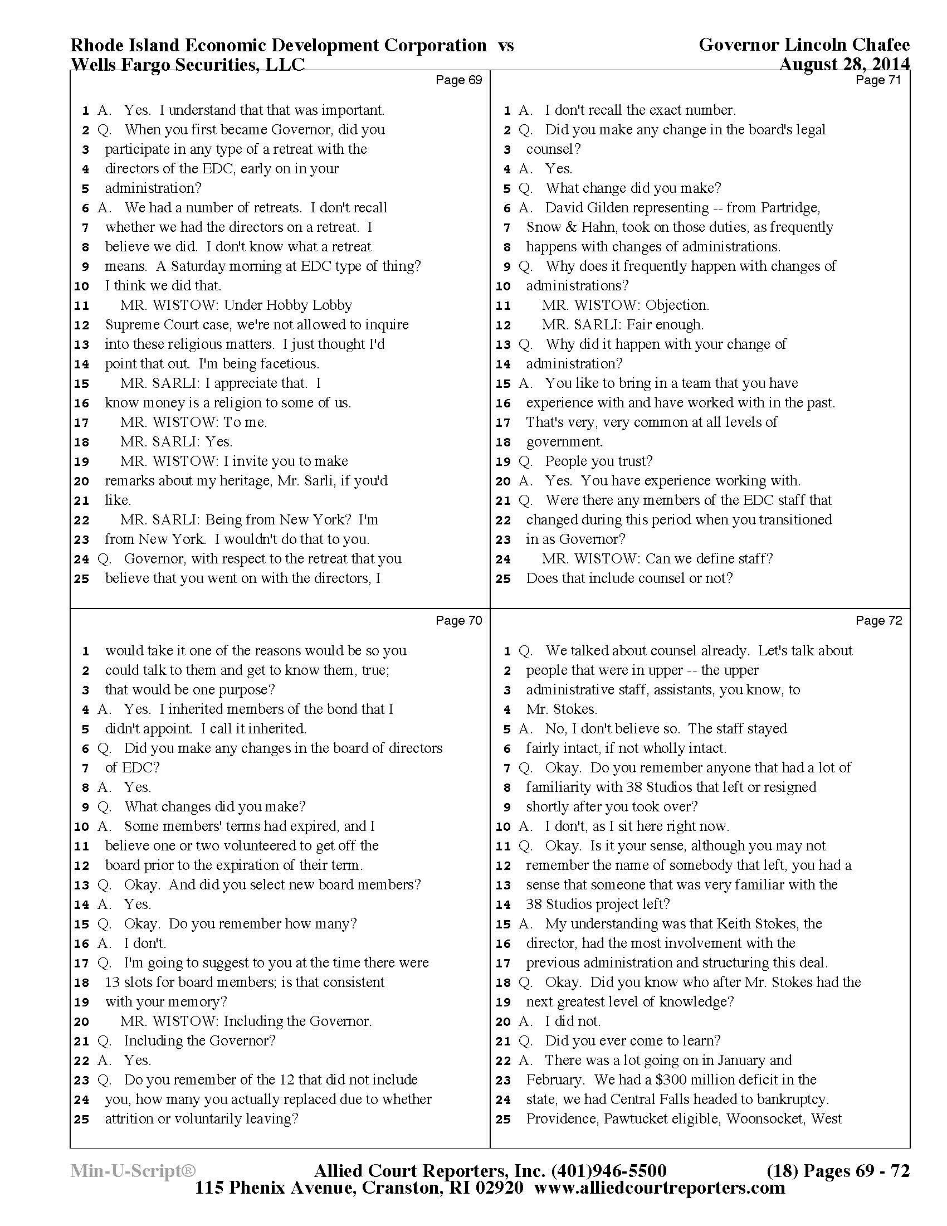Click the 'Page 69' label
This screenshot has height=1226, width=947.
tap(458, 80)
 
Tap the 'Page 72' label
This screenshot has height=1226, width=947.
tap(878, 620)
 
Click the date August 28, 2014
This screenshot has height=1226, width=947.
tap(844, 65)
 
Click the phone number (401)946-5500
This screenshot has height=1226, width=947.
tap(609, 1171)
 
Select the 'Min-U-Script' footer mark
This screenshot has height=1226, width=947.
tap(133, 1171)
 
